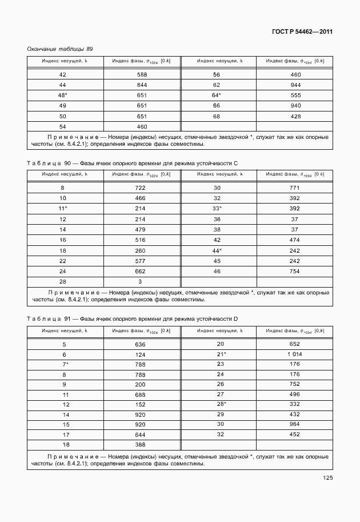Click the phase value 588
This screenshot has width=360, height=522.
coord(142,75)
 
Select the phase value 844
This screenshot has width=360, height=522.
coord(142,85)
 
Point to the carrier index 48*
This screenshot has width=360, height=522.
coord(63,95)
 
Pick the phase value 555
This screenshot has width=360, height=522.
coord(295,95)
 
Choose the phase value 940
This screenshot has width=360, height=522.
coord(295,106)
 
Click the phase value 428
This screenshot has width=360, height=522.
coord(295,116)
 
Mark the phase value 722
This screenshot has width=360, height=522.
coord(142,188)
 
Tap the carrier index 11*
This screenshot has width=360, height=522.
coord(63,209)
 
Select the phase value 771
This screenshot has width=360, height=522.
coord(295,188)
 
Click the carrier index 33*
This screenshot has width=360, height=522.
coord(217,209)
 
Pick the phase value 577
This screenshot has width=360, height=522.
coord(142,260)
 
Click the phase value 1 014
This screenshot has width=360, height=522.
coord(295,354)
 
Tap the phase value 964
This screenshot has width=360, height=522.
coord(295,424)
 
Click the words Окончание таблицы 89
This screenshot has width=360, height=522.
coord(60,49)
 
